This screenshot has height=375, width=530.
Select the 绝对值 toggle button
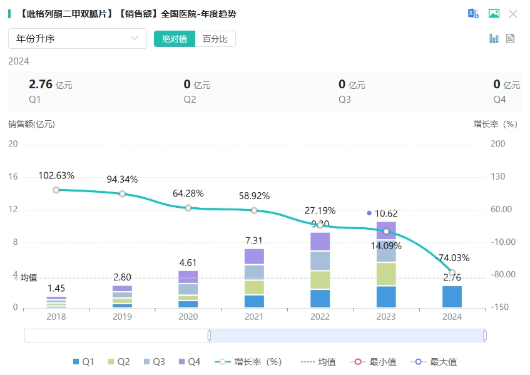[x=175, y=39]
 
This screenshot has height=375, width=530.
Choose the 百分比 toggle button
[x=215, y=39]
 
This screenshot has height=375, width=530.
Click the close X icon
[x=513, y=14]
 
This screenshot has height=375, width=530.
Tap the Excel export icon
[x=474, y=14]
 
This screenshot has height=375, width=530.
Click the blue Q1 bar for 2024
[x=452, y=297]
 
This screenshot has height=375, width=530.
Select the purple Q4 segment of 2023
[x=386, y=230]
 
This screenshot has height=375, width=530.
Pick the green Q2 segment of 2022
[x=320, y=280]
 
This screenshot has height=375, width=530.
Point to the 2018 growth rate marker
[x=56, y=190]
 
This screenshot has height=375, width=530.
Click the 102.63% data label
[x=56, y=175]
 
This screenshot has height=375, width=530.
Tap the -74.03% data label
[x=452, y=258]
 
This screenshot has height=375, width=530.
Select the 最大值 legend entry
[x=436, y=362]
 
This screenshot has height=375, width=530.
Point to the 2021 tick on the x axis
[x=254, y=317]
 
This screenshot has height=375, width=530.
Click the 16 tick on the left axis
[x=13, y=177]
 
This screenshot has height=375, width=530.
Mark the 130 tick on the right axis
[x=497, y=177]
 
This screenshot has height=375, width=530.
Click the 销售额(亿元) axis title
[x=32, y=124]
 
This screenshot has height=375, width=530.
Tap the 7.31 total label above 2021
[x=254, y=240]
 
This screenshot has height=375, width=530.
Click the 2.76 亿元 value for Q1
[x=51, y=85]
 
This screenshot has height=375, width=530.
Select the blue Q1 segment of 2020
[x=188, y=304]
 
